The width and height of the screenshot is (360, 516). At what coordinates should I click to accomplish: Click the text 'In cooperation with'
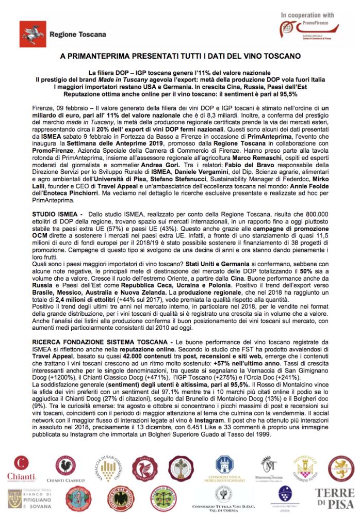(x=308, y=15)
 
